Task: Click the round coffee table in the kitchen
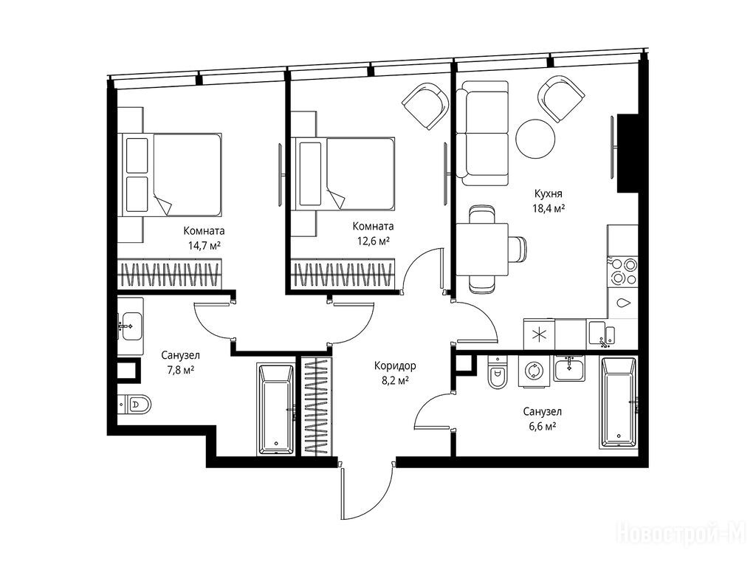pyautogui.click(x=535, y=138)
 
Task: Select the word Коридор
pyautogui.click(x=395, y=366)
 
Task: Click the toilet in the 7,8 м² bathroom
pyautogui.click(x=134, y=403)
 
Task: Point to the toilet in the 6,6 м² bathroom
pyautogui.click(x=497, y=372)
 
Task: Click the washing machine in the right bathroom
pyautogui.click(x=535, y=371)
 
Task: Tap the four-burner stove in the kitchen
pyautogui.click(x=623, y=272)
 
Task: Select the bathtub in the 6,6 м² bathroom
pyautogui.click(x=619, y=402)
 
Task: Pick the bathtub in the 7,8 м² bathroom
pyautogui.click(x=275, y=409)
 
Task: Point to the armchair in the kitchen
pyautogui.click(x=561, y=100)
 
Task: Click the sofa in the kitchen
pyautogui.click(x=484, y=133)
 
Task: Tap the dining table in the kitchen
pyautogui.click(x=483, y=250)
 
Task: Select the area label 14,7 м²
pyautogui.click(x=205, y=245)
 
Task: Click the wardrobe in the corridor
pyautogui.click(x=317, y=406)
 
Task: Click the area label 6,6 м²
pyautogui.click(x=543, y=426)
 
